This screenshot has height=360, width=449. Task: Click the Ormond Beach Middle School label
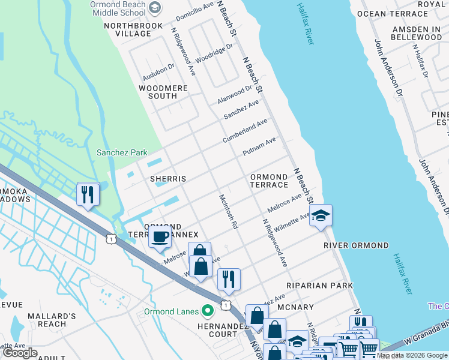pos(126,9)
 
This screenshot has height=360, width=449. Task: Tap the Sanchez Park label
pos(122,153)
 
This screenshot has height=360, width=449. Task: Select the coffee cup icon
pos(160,237)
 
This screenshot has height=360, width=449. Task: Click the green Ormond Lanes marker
pos(208,311)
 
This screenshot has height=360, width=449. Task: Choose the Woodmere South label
pos(163,92)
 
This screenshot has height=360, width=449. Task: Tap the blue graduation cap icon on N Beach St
pos(321,216)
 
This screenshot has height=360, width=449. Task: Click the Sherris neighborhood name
pos(167,179)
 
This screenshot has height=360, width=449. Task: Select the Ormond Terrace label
pos(269,181)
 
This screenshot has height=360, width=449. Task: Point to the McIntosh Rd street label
pos(229,211)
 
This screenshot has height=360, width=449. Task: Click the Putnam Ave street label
pos(259,147)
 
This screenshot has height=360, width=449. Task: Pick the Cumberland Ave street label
pos(245,130)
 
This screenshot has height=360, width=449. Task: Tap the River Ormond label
pos(356,245)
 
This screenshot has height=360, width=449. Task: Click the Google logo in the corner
pos(20,353)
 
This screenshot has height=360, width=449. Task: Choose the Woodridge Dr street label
pos(214,53)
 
